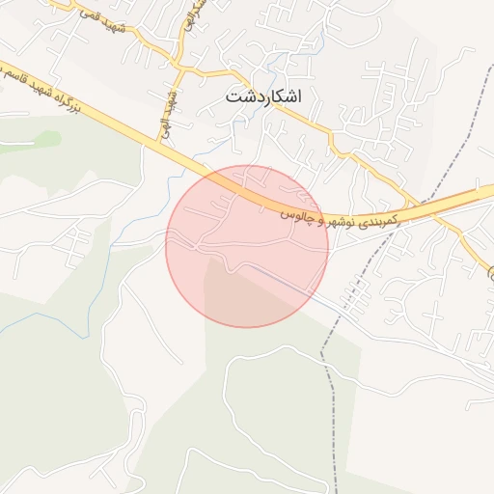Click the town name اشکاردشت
coord(262,97)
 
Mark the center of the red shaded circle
coord(247,246)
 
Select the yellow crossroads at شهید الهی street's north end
coord(180,69)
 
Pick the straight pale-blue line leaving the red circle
coord(328,301)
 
